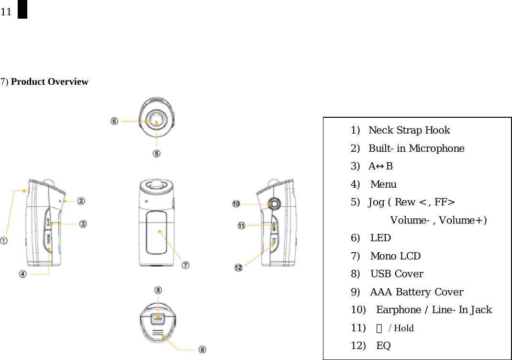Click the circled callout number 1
click(x=4, y=241)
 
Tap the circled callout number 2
click(x=81, y=202)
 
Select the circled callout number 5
click(x=156, y=153)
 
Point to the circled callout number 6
click(x=114, y=122)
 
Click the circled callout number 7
click(x=185, y=264)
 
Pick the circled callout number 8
click(x=158, y=290)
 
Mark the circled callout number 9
click(x=202, y=350)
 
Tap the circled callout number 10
click(x=236, y=204)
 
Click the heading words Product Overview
click(x=49, y=82)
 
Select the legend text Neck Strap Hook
click(x=409, y=130)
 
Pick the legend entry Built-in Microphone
click(x=416, y=148)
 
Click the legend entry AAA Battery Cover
click(x=416, y=292)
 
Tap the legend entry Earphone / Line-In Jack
click(x=434, y=310)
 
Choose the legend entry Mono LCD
click(x=395, y=256)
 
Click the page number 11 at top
click(x=6, y=12)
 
